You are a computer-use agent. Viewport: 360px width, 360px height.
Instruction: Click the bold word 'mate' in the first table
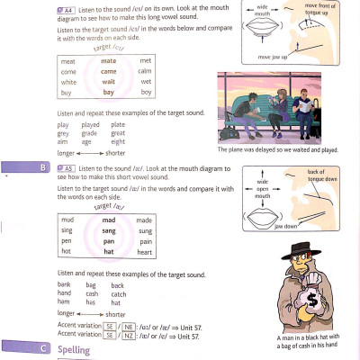(109, 59)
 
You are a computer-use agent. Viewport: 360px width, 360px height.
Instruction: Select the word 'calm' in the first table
(145, 71)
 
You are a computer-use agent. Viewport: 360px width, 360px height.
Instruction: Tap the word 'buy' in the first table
(67, 93)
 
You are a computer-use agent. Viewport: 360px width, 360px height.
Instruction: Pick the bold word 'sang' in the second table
(108, 230)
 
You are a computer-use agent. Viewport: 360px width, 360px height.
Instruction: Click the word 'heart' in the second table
(145, 252)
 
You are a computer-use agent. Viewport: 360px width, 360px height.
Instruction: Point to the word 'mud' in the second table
(67, 220)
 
